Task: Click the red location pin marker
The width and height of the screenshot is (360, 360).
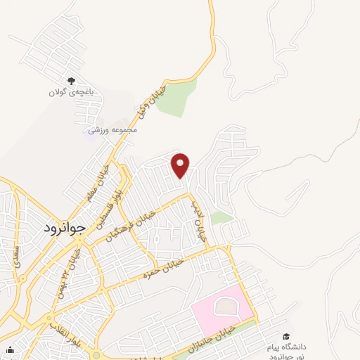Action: click(x=181, y=166)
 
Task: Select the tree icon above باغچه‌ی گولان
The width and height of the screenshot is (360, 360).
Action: click(x=70, y=81)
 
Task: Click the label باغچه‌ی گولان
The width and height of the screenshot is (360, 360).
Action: click(x=70, y=93)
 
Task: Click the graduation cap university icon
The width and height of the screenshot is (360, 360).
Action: click(x=285, y=337)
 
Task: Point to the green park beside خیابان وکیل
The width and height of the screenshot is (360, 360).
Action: click(x=181, y=98)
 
